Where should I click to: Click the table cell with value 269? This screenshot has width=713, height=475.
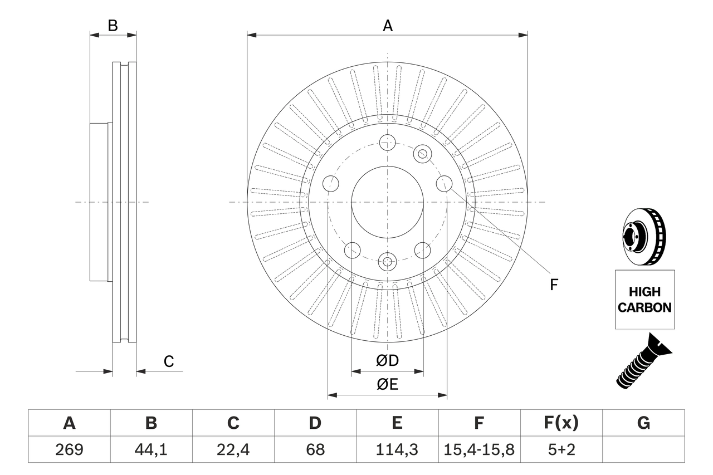click(69, 449)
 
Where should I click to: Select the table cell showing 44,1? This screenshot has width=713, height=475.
click(151, 449)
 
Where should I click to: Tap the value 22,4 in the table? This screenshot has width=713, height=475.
click(233, 449)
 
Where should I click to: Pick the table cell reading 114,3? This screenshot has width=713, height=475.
click(397, 449)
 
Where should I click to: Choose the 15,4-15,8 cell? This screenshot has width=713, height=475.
click(478, 449)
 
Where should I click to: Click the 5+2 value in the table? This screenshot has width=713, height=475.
click(561, 449)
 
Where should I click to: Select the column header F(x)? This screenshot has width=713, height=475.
click(561, 423)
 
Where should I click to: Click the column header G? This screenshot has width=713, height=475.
click(643, 423)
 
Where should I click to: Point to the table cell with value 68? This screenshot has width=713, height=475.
click(315, 449)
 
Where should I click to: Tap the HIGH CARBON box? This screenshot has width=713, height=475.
click(644, 300)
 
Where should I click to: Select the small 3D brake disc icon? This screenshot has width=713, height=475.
click(643, 236)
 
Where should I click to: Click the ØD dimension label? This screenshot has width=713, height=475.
click(387, 361)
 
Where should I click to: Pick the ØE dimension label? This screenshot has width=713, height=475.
click(387, 385)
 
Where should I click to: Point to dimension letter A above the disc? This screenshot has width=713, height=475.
click(387, 26)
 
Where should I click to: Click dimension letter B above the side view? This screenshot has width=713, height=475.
click(113, 26)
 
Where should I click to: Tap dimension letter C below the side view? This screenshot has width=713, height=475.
click(169, 361)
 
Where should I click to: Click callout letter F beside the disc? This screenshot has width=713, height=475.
click(554, 285)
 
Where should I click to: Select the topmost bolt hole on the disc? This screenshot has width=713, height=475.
click(387, 142)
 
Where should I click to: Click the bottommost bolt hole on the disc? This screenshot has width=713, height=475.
click(387, 260)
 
